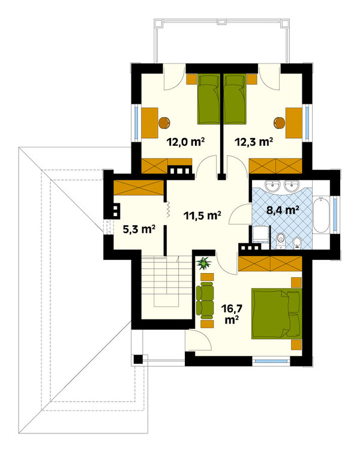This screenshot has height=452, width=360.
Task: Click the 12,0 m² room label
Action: click(x=185, y=142)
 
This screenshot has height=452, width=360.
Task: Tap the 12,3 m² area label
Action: click(x=254, y=142)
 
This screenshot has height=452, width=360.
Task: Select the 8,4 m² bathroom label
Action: click(x=283, y=210)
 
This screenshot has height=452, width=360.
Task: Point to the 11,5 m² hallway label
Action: click(x=203, y=215)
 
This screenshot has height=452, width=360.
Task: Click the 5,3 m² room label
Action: click(x=139, y=229)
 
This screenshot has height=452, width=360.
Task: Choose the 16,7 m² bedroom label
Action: click(x=232, y=313)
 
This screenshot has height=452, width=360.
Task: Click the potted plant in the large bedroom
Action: click(x=204, y=263)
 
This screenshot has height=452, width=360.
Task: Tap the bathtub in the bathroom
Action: click(x=321, y=214)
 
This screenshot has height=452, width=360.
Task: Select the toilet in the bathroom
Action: click(x=280, y=241)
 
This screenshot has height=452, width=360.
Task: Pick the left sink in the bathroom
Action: click(x=272, y=185)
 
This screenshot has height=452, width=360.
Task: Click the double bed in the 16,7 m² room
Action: click(x=277, y=313)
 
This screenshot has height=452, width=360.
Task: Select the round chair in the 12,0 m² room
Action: click(x=164, y=123)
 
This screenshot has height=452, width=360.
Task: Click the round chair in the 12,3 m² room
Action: click(x=279, y=123)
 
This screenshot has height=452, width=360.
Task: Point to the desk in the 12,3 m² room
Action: click(x=294, y=123)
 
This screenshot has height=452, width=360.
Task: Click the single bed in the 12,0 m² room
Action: click(x=208, y=99)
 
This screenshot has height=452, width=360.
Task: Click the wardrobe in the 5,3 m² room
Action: click(x=139, y=188)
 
